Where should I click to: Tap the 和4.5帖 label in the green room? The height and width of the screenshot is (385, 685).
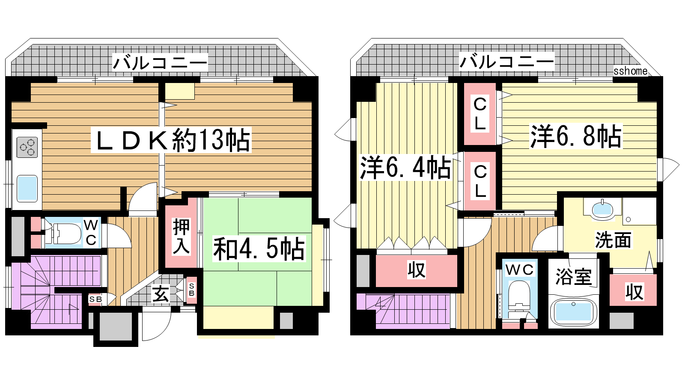tap(259, 249)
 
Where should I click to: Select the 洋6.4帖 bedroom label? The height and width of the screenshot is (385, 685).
tap(405, 167)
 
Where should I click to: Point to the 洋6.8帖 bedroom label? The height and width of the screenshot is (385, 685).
tap(576, 136)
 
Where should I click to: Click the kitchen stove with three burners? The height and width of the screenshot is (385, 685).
tap(27, 147)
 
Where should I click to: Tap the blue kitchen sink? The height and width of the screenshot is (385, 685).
tap(27, 188)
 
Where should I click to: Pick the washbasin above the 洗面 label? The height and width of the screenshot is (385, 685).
tap(602, 210)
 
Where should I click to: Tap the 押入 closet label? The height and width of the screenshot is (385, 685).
tap(181, 236)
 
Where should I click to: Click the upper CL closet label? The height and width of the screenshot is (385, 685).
tap(480, 114)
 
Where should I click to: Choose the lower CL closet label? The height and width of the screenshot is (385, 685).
tap(480, 181)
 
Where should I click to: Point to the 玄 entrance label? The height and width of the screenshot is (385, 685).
tap(161, 295)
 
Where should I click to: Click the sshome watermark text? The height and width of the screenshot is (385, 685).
tap(630, 71)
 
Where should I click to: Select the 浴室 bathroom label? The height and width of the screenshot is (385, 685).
tap(573, 276)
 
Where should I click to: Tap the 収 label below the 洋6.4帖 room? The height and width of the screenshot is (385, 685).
tap(417, 270)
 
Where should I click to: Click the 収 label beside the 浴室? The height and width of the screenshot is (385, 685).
tap(634, 292)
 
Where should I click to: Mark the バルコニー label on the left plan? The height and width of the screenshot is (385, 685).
tap(160, 62)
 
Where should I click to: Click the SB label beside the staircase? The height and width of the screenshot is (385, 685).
tap(95, 299)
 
